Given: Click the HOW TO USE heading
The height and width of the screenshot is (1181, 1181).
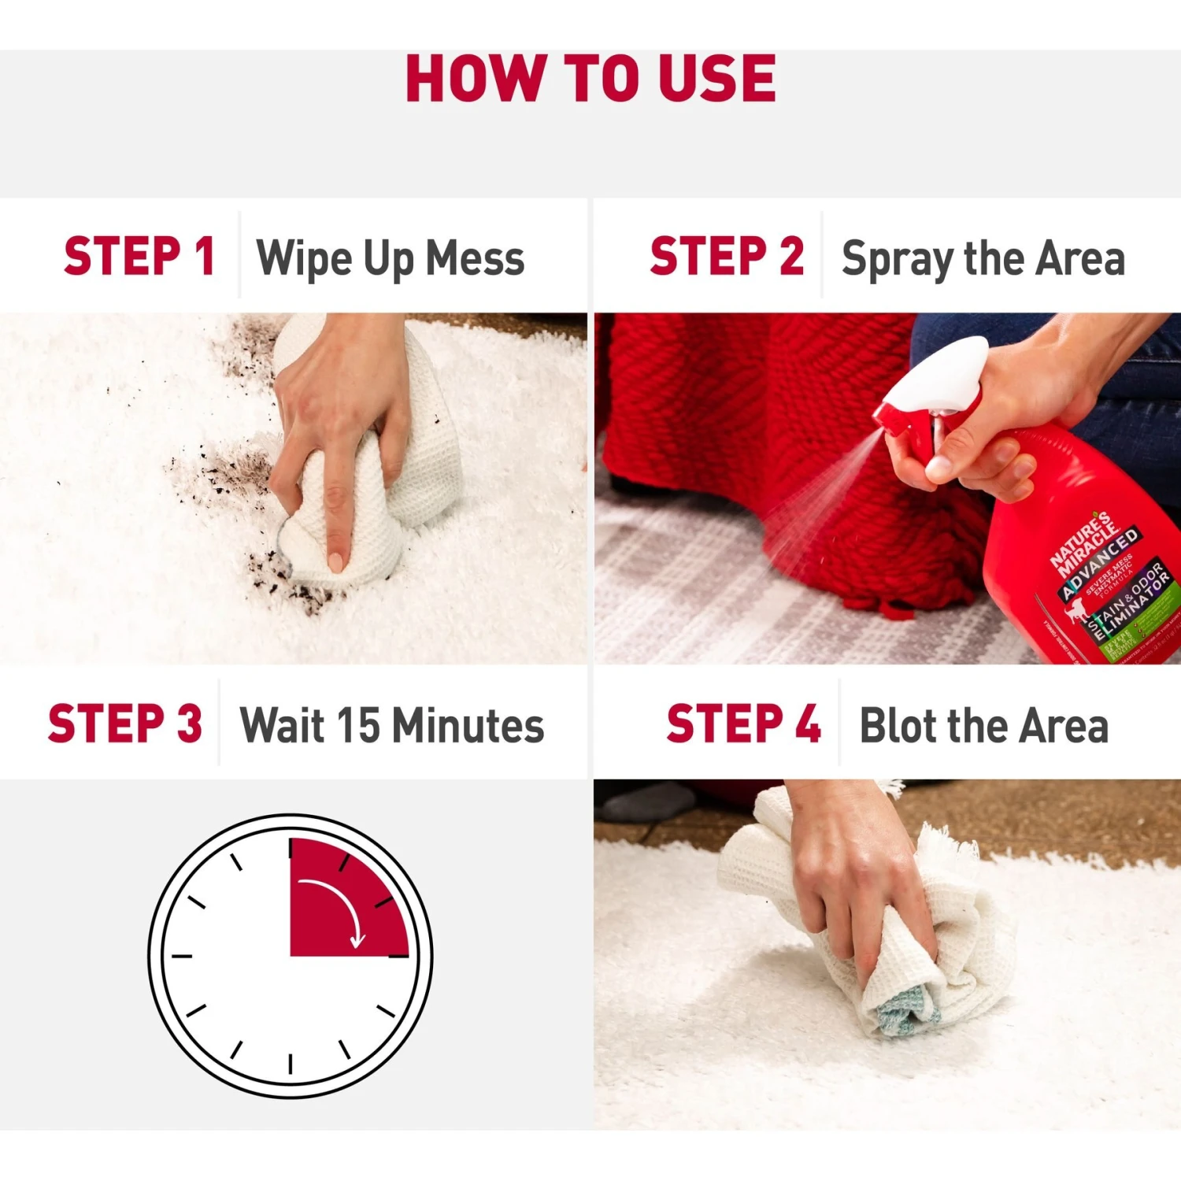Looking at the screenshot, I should click(x=590, y=79).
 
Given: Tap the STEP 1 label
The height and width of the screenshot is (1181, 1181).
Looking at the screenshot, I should click(x=139, y=257).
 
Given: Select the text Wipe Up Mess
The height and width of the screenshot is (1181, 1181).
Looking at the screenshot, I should click(x=391, y=258).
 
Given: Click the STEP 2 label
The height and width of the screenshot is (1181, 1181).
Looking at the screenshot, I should click(x=726, y=257).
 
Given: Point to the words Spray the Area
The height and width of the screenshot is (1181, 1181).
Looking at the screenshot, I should click(x=983, y=258).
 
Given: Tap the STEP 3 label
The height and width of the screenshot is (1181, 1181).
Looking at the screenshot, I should click(x=124, y=724).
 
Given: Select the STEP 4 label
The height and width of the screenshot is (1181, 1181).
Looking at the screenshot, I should click(x=743, y=724).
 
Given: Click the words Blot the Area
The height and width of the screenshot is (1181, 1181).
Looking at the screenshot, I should click(x=983, y=725).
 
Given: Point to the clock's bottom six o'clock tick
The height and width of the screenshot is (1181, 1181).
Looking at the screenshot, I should click(x=291, y=1064).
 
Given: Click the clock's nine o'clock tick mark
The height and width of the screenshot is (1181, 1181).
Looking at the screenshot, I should click(x=182, y=956).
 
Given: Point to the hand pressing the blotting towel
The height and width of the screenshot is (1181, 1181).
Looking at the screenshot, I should click(x=858, y=874).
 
